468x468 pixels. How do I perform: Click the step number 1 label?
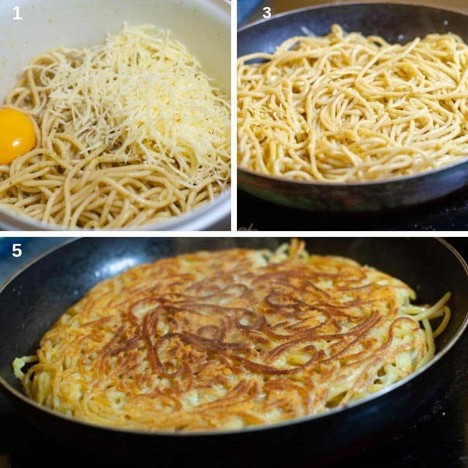point(17,13)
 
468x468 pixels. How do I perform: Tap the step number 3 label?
point(267,12)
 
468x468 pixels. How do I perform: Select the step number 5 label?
point(17,250)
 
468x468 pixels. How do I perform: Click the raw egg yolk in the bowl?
point(16,135)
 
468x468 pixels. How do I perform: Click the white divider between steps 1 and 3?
point(234,117)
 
